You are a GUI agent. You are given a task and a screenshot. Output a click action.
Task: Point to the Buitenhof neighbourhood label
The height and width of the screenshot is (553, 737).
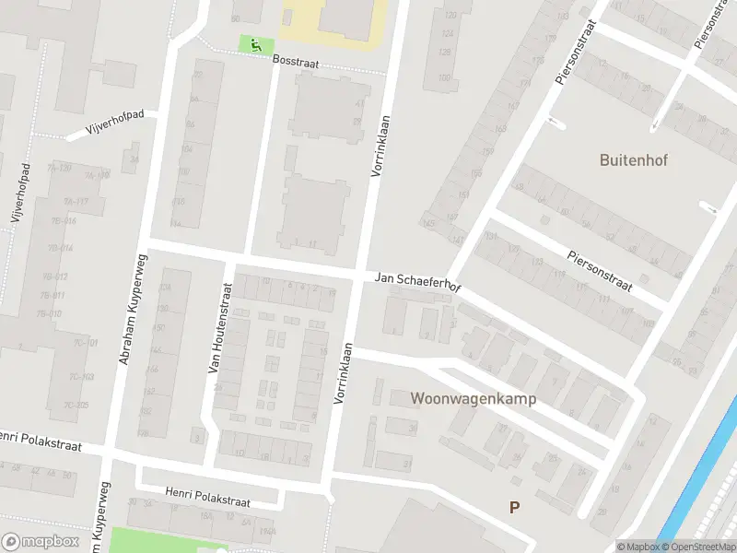click(633, 159)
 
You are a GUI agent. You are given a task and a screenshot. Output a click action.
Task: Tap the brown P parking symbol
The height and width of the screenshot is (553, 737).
click(514, 507)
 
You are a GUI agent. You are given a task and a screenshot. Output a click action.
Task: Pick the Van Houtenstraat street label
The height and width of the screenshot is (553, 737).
click(218, 326)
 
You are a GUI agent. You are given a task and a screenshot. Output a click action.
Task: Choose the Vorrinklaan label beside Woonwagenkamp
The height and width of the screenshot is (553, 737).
click(343, 373)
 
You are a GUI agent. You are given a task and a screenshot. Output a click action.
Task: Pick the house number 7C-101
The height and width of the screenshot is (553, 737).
click(85, 343)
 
